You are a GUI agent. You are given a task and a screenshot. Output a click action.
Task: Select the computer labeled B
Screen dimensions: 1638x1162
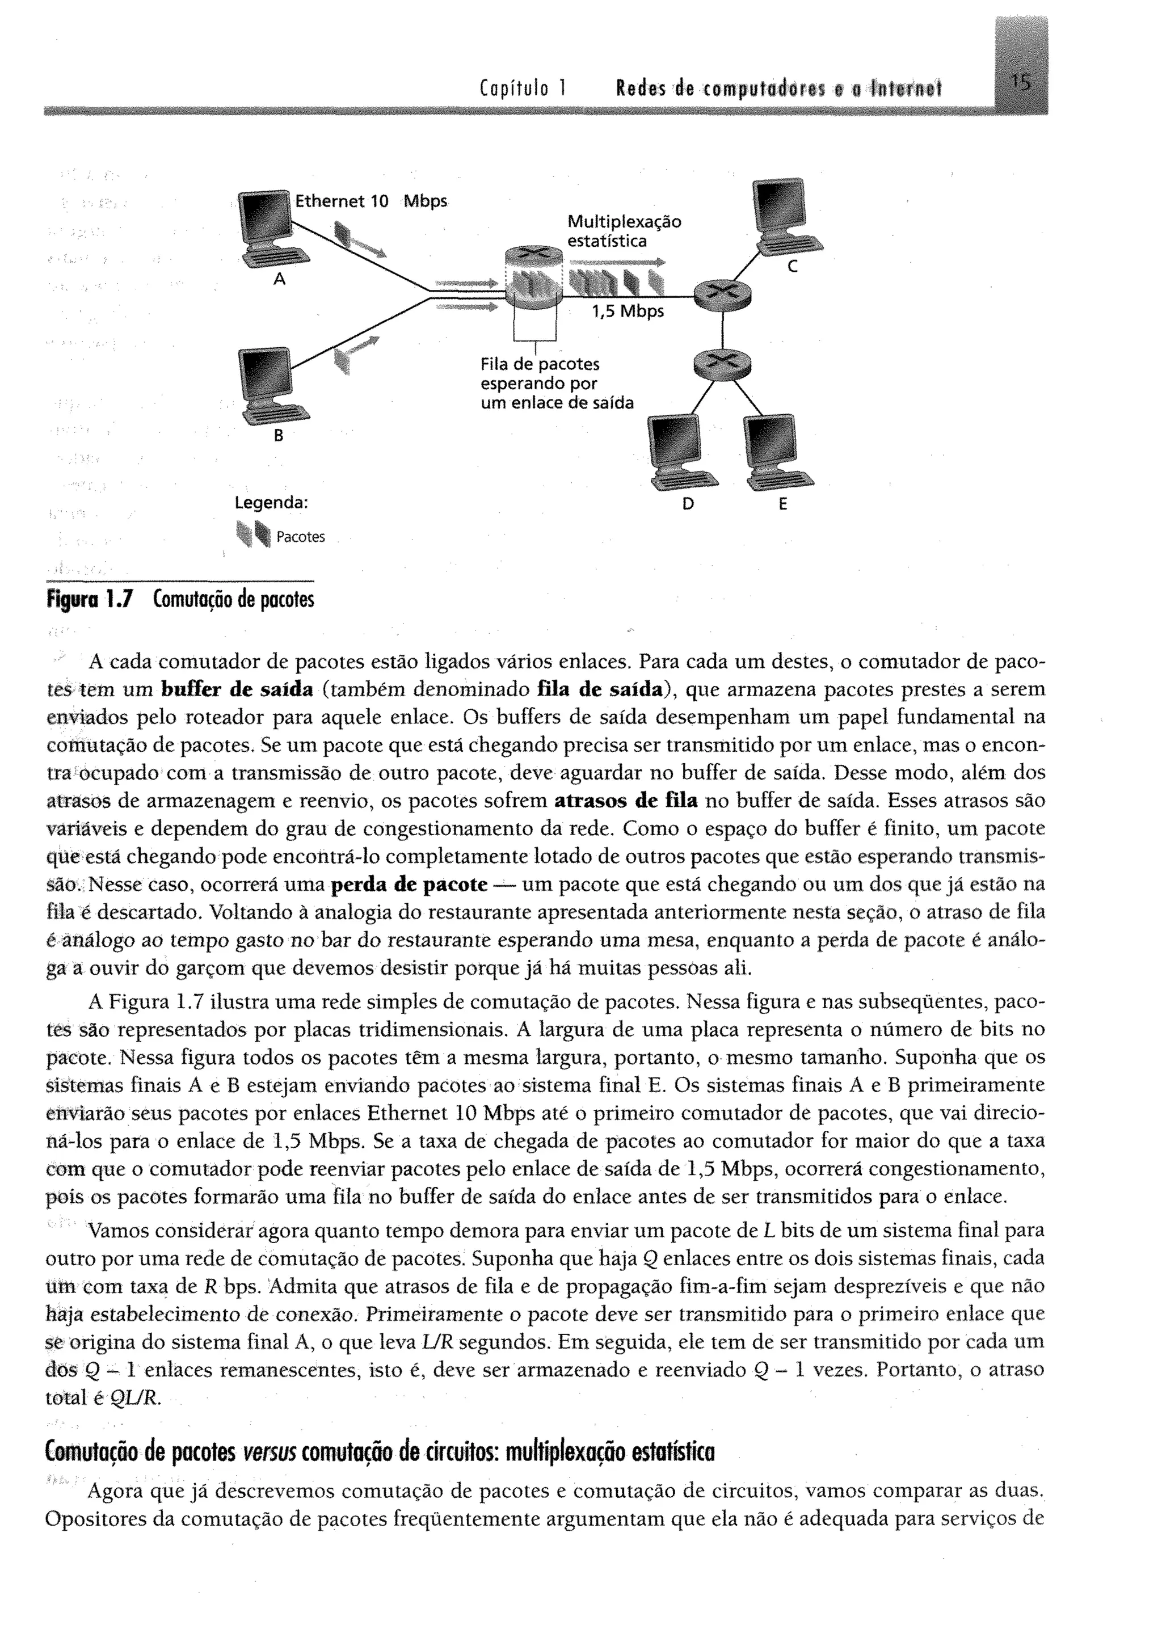coord(272,386)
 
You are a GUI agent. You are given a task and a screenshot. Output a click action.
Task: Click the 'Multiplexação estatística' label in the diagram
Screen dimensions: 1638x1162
coord(624,231)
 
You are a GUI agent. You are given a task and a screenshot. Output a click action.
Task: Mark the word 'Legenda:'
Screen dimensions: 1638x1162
coord(271,503)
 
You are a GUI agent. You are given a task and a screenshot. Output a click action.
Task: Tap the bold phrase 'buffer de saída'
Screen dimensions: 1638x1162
coord(238,689)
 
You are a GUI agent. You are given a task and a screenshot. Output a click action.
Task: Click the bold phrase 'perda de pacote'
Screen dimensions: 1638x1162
coord(409,885)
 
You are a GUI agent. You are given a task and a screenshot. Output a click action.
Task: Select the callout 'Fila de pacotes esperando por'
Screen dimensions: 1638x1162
coord(540,374)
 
